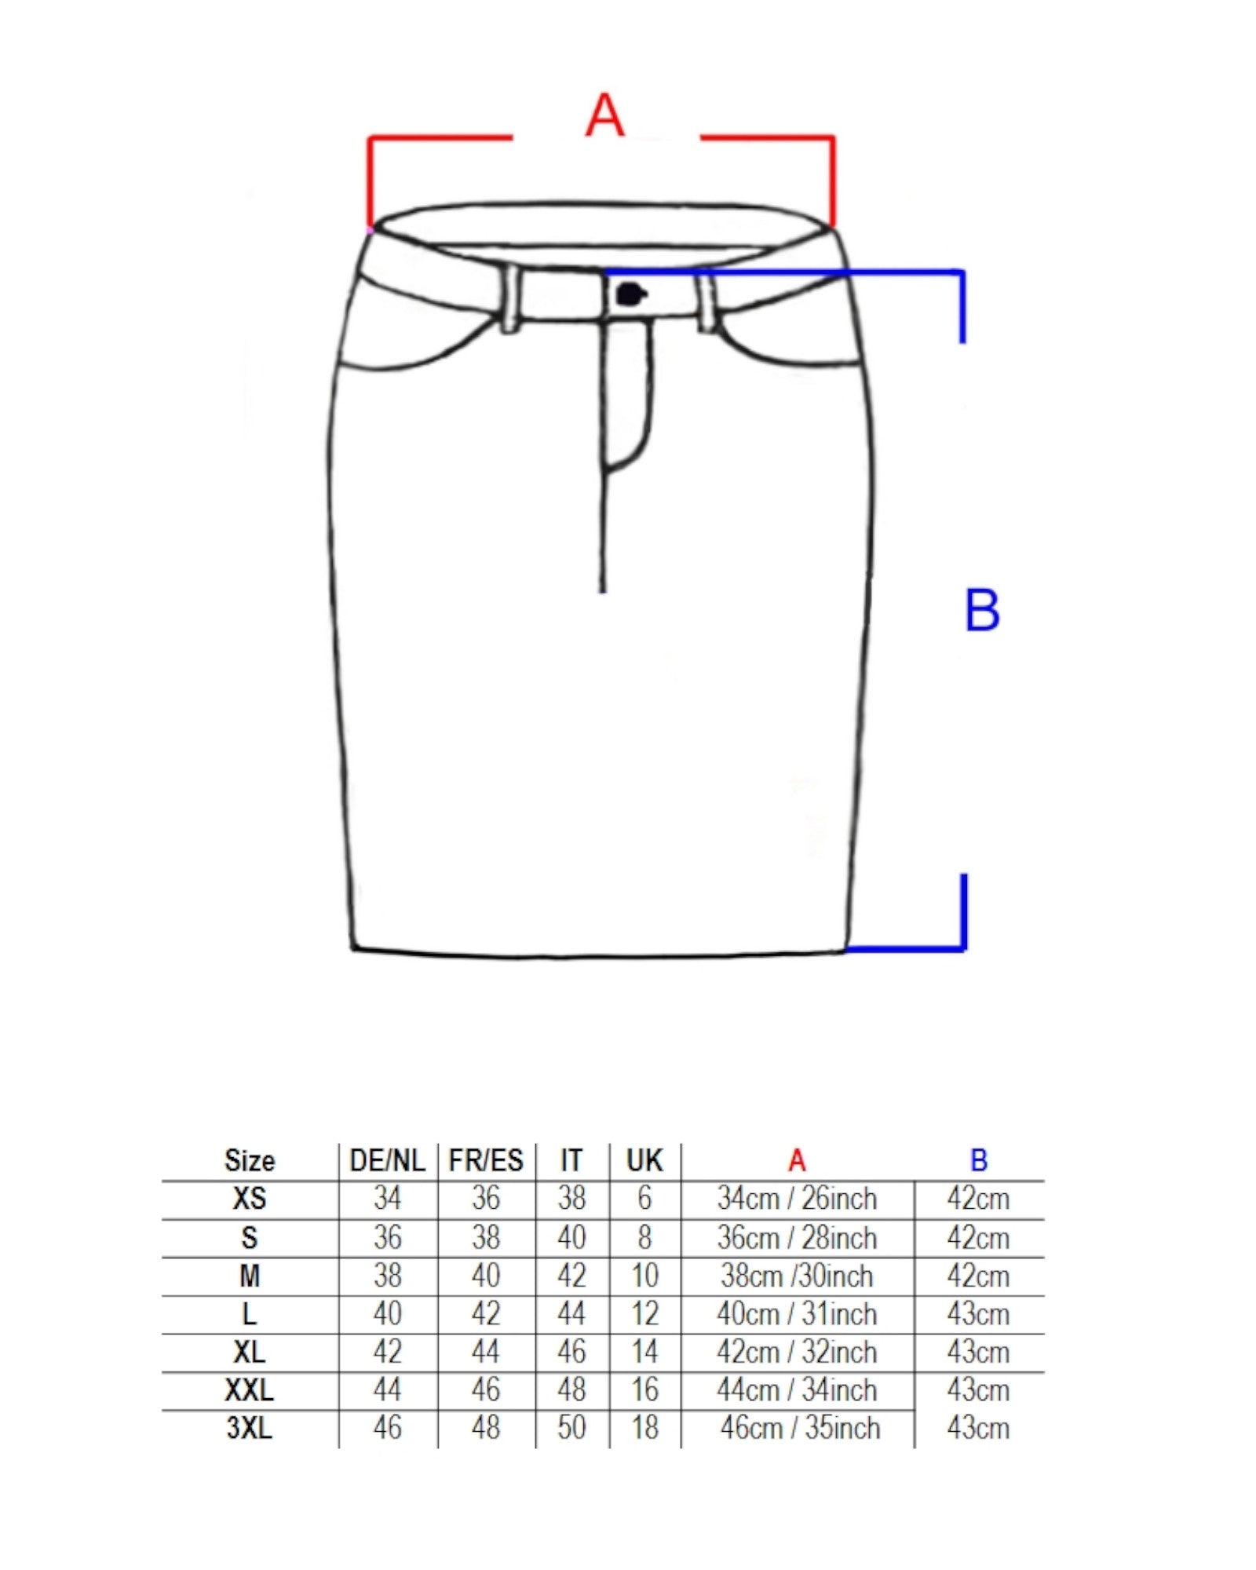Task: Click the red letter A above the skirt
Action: tap(604, 115)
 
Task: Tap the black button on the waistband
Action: tap(630, 295)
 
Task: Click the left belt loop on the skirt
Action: tap(509, 298)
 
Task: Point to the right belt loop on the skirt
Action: tap(706, 300)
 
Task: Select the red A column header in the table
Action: tap(797, 1160)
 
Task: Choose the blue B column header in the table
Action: tap(978, 1160)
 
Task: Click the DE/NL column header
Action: tap(387, 1160)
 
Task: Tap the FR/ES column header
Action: tap(486, 1160)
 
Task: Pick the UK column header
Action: tap(644, 1160)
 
